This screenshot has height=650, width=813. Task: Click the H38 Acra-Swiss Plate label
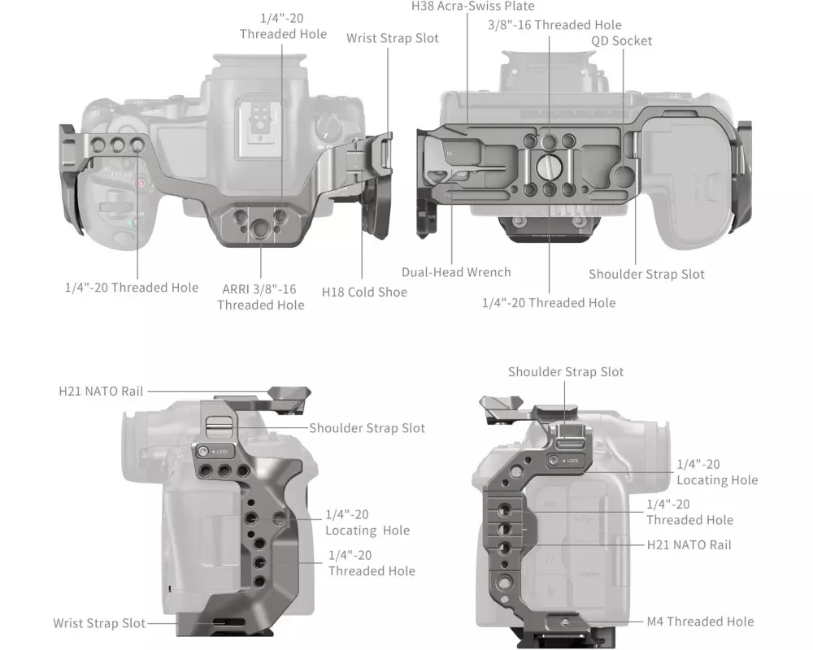pos(473,6)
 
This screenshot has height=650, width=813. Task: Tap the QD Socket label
pos(621,41)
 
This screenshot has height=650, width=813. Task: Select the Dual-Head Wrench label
pos(456,272)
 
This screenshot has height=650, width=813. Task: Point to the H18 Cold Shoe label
pos(364,291)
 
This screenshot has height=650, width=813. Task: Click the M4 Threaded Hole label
pos(700,622)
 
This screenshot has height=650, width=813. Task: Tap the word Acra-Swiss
pos(474,6)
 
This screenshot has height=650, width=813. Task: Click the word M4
pos(656,622)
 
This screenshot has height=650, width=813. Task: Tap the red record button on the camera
pos(141,184)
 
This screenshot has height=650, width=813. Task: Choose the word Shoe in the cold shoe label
pos(392,291)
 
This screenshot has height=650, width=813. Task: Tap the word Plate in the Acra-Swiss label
pos(519,6)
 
